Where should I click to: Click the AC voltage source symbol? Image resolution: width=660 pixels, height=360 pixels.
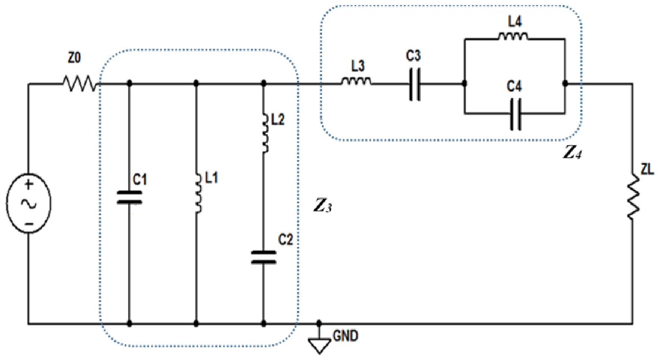[28, 203]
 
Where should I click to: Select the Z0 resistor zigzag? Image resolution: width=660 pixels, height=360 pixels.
[79, 84]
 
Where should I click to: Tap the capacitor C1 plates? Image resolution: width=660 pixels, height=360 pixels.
[129, 197]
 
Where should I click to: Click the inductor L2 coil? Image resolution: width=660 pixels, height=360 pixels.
[266, 133]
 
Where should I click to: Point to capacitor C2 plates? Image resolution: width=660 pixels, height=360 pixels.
[263, 258]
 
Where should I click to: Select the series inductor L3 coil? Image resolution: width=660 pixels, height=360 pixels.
[357, 81]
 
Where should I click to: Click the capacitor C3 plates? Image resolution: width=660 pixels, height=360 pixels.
[415, 84]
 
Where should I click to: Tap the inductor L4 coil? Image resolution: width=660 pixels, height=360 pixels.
[513, 36]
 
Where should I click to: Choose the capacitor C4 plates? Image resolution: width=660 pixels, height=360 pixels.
[516, 114]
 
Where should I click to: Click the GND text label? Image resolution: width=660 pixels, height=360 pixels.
[345, 336]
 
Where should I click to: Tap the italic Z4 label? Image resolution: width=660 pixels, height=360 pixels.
[572, 153]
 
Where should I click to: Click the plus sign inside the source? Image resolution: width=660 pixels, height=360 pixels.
[28, 185]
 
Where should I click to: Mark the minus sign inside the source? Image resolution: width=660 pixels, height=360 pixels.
[29, 224]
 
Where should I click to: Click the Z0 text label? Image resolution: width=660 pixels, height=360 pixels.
[74, 58]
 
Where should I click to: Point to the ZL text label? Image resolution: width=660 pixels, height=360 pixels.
[647, 170]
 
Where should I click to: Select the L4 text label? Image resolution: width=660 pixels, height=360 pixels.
[515, 22]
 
